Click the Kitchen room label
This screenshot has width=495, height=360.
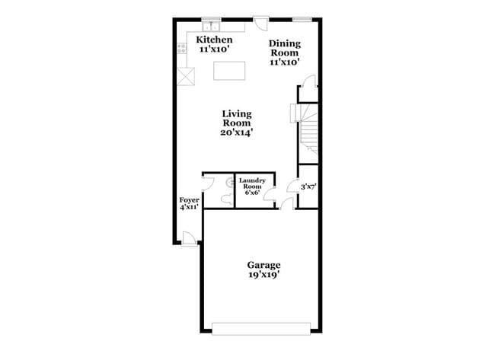pos(214,40)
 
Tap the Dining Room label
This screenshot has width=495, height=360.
pos(285,48)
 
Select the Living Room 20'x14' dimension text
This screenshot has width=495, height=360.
pos(237,133)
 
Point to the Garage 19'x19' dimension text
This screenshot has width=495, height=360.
pos(264,275)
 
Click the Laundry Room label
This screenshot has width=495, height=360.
pos(252,183)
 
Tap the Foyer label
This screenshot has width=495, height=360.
pos(189,200)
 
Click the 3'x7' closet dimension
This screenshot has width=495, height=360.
pos(308,187)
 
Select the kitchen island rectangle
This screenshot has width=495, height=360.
pos(229,71)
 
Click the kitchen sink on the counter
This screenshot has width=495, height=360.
pos(211,27)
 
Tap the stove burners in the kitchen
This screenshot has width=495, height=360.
pos(181,49)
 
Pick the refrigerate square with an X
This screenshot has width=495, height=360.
pos(186,76)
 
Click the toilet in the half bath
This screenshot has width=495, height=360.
pos(226,199)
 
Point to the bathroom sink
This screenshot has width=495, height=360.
pos(229,182)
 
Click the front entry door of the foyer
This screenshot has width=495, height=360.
pos(189,238)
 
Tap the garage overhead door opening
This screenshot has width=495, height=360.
pos(261,329)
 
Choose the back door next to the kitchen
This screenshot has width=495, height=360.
pos(261,24)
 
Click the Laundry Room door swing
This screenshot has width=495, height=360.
pos(270,194)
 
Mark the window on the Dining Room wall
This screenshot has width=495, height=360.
pos(302,19)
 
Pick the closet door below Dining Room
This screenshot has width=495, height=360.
pos(309,81)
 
